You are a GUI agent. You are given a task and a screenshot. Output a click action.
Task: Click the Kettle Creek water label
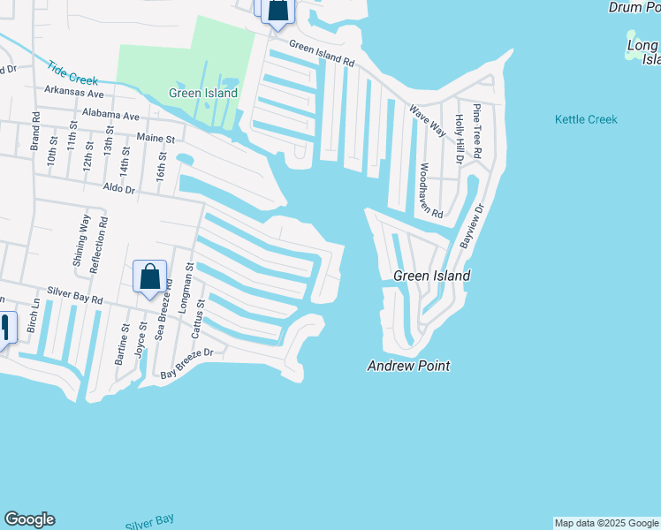point(586,119)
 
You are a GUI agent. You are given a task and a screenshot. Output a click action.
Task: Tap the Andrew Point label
point(408,366)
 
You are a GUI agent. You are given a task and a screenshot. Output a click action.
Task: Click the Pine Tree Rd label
point(477,131)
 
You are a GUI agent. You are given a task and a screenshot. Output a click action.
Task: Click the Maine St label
point(156,138)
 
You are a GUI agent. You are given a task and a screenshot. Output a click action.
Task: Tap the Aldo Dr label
point(118,188)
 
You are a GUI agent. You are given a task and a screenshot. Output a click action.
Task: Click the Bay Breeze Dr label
point(186,363)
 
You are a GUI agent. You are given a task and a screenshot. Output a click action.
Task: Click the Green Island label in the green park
point(203,93)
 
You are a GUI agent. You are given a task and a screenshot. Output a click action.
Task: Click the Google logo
point(29,519)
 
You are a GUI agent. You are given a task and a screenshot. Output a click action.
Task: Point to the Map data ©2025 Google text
point(606,523)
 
